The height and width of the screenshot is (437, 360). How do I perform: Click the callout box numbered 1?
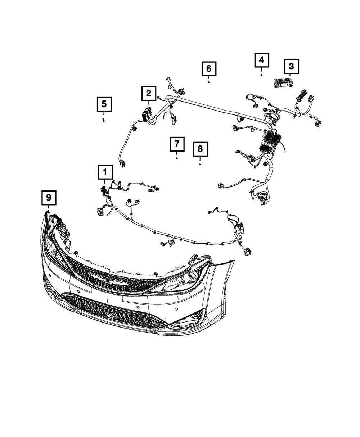pos(105,172)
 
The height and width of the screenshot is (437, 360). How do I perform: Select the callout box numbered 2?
pos(148,94)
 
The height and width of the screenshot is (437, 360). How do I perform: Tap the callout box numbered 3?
pos(291,67)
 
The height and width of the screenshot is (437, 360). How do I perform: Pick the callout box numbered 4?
pos(262,60)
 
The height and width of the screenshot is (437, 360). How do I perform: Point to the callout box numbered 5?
pos(104,104)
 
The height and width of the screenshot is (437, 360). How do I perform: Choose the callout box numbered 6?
pos(209,68)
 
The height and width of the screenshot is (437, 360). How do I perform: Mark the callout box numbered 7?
pos(177,144)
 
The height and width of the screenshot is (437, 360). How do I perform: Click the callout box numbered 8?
pos(200,149)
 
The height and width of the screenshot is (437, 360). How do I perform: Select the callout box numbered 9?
pos(49,197)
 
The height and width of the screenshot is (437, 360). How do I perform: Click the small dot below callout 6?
pos(209,82)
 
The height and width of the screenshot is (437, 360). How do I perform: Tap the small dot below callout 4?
pos(262,75)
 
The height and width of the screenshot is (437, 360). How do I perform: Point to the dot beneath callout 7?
pos(177,158)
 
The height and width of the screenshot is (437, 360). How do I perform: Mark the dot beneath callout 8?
pos(200,164)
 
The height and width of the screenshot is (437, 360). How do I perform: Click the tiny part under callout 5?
pos(104,120)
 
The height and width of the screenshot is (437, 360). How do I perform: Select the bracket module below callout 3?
pos(283,82)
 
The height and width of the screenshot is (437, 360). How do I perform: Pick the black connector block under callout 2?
pos(146,114)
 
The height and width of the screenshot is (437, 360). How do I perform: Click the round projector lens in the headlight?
pos(192,276)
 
